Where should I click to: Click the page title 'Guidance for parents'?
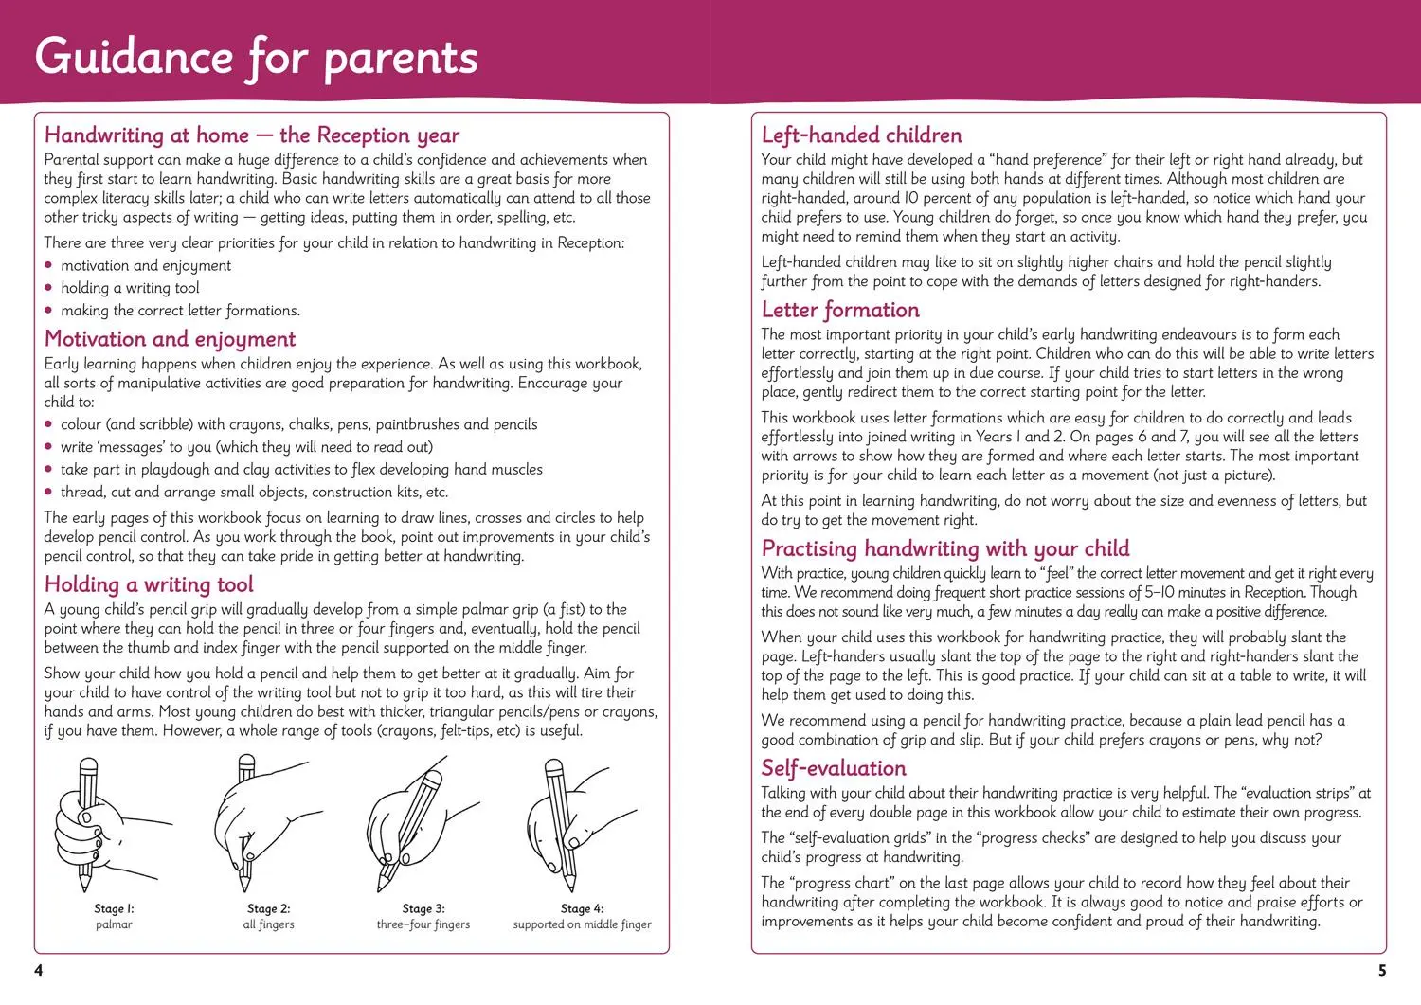point(256,57)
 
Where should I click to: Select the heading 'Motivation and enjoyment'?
point(170,339)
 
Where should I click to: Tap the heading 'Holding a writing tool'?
point(149,584)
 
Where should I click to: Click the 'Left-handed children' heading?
point(861,135)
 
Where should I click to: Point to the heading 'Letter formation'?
point(840,310)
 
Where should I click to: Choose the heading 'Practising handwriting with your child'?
point(944,548)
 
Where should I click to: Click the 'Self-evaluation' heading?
point(834,768)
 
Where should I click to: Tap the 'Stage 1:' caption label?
point(114,908)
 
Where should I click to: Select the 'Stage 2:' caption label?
point(268,908)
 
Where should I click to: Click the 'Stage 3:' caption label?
point(423,908)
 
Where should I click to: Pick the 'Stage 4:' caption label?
point(582,908)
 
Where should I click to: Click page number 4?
point(39,970)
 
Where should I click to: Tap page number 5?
point(1382,970)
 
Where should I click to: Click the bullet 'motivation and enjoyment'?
point(146,266)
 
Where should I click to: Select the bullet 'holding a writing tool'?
point(130,288)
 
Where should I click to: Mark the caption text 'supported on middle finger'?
point(582,924)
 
